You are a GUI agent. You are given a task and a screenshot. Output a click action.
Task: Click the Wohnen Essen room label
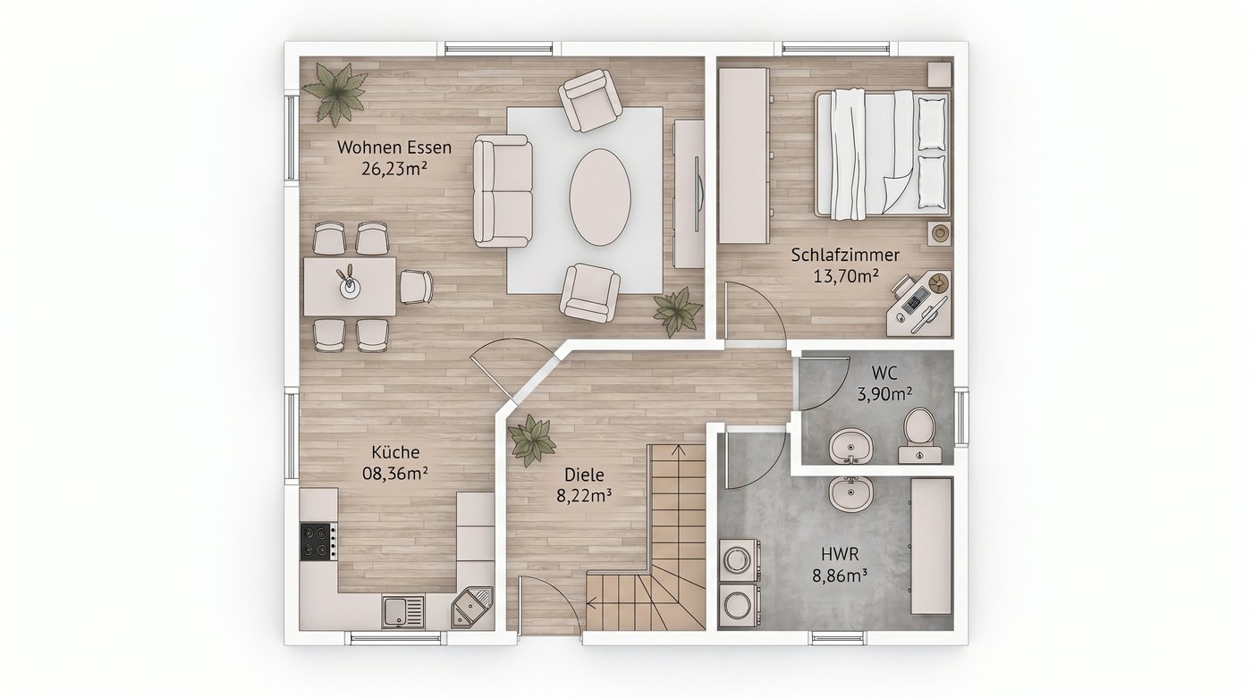(x=394, y=147)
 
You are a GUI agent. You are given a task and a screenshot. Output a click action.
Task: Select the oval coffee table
(x=600, y=198)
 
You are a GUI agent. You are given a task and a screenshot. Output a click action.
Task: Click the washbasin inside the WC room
(x=850, y=446)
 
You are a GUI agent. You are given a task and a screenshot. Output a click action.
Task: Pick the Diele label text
(x=584, y=475)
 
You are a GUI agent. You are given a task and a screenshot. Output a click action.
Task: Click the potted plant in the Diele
(x=531, y=440)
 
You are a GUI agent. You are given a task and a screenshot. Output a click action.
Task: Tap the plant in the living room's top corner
(x=334, y=94)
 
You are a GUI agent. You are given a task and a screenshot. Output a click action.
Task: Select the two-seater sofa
(x=503, y=191)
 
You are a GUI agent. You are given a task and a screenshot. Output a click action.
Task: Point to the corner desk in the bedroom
(x=919, y=306)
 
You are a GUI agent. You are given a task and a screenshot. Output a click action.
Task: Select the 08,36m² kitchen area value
(x=395, y=474)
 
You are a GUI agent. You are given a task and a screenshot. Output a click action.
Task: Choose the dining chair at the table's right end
(x=417, y=287)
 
